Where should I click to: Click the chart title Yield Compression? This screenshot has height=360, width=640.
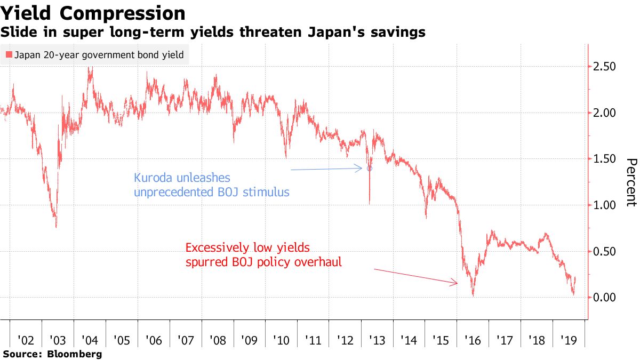93,13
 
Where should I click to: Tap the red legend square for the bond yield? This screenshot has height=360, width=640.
9,55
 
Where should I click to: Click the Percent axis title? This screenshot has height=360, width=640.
630,182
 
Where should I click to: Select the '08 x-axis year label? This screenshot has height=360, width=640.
218,340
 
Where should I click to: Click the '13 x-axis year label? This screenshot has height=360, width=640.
377,340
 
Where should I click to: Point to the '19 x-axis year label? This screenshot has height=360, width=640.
569,340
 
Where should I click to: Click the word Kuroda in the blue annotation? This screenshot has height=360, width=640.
154,178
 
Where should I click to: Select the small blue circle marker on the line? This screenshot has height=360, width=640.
369,169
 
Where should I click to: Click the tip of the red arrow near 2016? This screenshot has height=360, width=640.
458,283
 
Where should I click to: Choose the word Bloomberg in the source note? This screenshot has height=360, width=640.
75,354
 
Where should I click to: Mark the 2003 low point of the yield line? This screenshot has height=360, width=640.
56,227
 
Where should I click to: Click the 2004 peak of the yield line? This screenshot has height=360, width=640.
90,68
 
